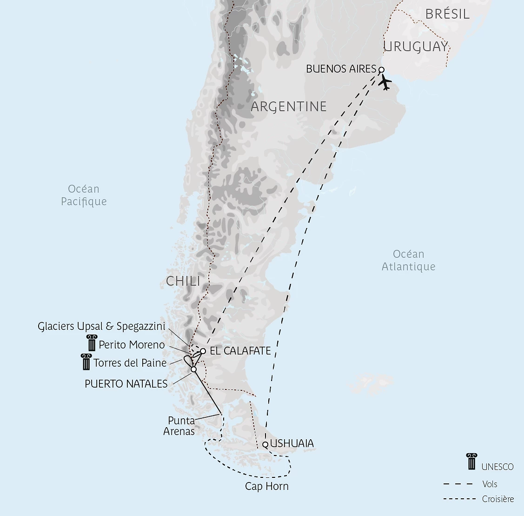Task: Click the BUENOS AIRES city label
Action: (341, 69)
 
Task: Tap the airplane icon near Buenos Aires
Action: (385, 83)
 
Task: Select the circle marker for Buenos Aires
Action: (381, 70)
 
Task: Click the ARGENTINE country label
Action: (289, 107)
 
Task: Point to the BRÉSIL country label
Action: (447, 14)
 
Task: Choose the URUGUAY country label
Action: (416, 47)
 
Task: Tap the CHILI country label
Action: (183, 281)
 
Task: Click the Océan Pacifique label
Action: (84, 195)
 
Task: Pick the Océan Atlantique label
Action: (408, 260)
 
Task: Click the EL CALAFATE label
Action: (240, 351)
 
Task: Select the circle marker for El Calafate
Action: (203, 351)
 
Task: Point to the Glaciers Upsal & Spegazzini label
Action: (101, 327)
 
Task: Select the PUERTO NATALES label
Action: (126, 384)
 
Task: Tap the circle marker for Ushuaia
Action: (265, 444)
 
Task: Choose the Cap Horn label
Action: (267, 487)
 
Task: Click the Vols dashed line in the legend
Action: (458, 484)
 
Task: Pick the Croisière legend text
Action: (498, 499)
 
